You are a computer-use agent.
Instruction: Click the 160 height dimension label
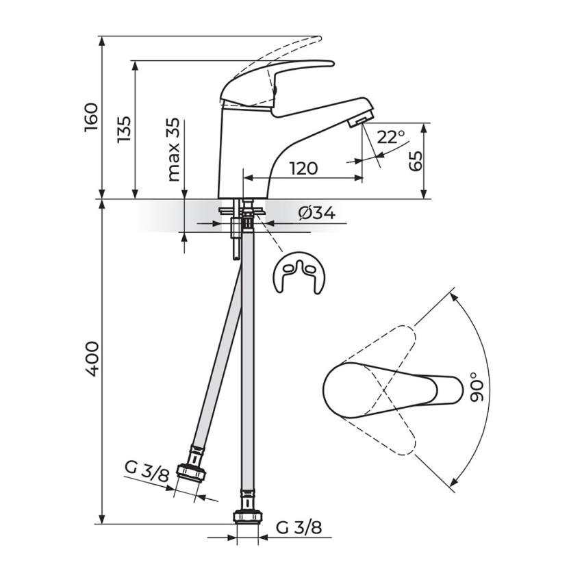(91, 118)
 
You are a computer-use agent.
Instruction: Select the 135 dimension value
(124, 129)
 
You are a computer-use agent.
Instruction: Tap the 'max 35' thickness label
(173, 149)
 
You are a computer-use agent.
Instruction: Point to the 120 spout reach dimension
(303, 168)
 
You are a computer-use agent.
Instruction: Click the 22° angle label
(391, 137)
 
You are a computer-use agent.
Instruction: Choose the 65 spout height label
(416, 161)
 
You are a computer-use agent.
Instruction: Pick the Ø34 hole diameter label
(316, 213)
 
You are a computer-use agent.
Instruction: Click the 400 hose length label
(91, 359)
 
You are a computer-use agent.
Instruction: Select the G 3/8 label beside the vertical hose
(299, 527)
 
